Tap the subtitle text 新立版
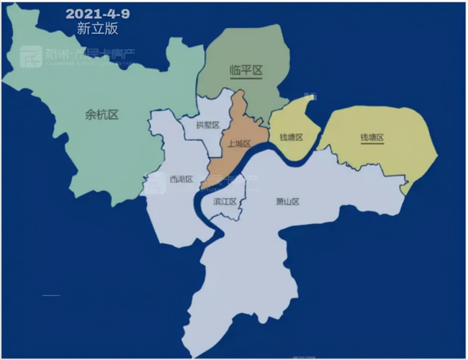[96, 30]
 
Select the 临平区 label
[245, 70]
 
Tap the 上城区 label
[238, 144]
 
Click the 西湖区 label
[181, 179]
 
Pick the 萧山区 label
[287, 202]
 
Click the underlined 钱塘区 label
[372, 138]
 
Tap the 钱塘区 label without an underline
[291, 137]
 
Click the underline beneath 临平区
[245, 78]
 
